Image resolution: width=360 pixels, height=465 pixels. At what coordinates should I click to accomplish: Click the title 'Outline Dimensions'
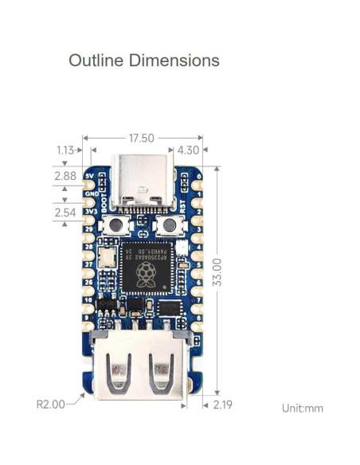[x=143, y=61]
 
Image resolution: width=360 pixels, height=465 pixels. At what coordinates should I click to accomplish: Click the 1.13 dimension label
[x=67, y=150]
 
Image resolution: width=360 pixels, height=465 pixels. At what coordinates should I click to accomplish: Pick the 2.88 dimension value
[x=65, y=175]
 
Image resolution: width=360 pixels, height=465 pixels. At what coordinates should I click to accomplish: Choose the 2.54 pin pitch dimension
[x=65, y=213]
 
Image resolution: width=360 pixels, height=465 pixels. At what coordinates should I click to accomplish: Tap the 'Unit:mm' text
[x=302, y=408]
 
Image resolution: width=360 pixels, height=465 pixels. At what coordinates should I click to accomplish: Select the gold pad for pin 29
[x=87, y=229]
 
